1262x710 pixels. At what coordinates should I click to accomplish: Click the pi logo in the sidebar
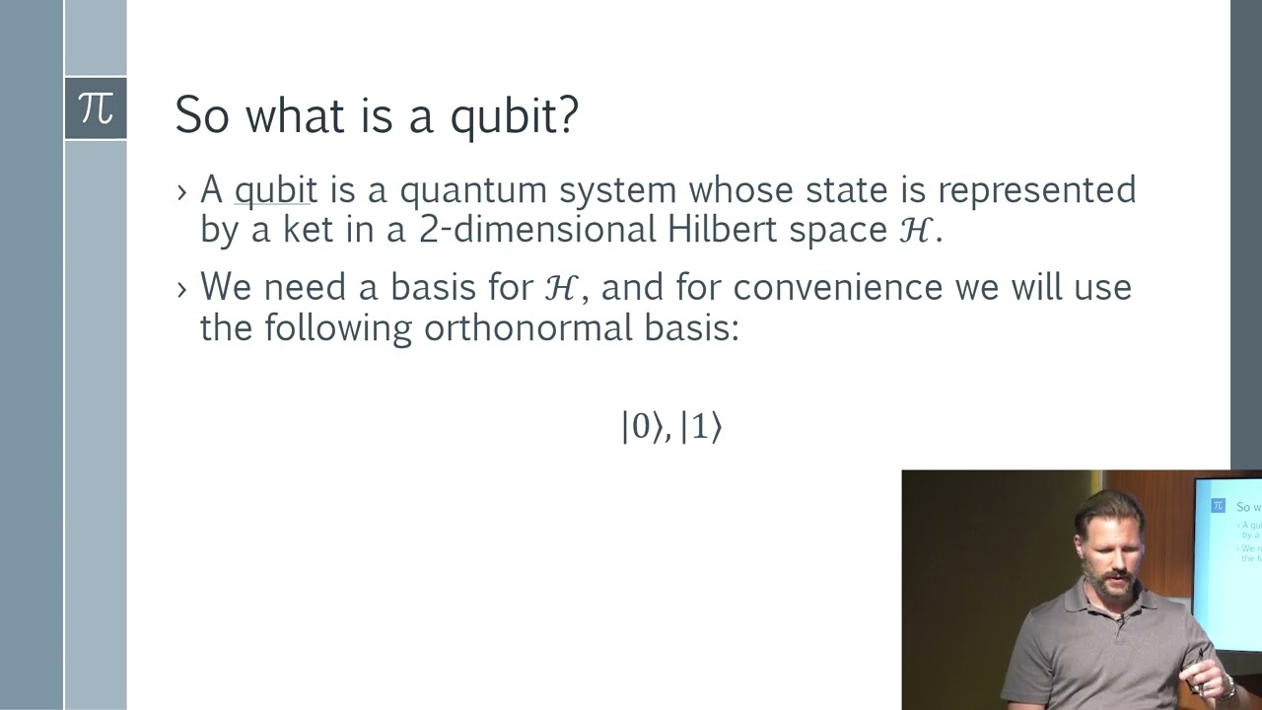(x=96, y=107)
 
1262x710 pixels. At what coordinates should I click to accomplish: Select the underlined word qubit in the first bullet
(x=275, y=189)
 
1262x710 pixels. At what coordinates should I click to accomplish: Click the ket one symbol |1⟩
(x=701, y=427)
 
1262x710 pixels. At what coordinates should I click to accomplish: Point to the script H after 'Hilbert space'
(x=914, y=230)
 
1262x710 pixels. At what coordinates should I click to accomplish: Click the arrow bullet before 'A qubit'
(x=181, y=190)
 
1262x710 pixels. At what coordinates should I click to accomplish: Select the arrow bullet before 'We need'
(x=181, y=288)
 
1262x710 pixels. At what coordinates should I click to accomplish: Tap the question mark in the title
(x=567, y=115)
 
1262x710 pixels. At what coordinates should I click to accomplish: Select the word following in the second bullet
(x=337, y=326)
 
